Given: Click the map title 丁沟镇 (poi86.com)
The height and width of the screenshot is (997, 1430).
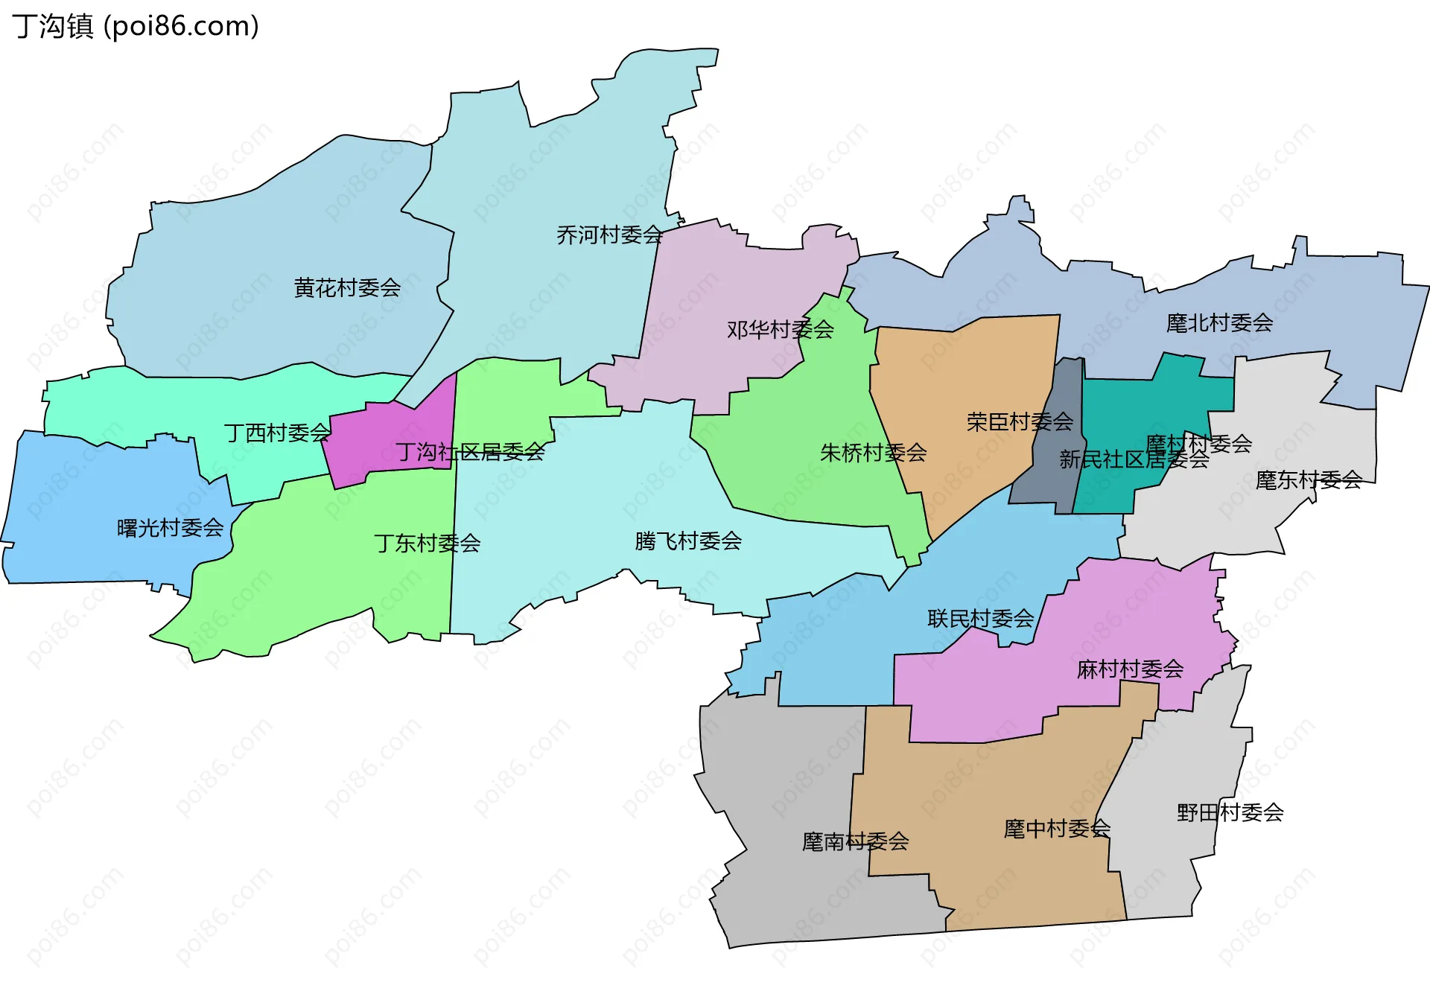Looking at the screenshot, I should pos(136,26).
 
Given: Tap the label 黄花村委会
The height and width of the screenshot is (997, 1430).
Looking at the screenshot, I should pos(347,287).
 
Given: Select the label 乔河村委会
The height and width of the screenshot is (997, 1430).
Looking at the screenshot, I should pos(609,235).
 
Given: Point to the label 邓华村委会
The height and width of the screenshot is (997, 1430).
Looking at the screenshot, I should pos(780,329).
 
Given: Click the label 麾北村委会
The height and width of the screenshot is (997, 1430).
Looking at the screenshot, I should pos(1219,323).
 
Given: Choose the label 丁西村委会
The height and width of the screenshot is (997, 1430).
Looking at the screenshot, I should pos(277,433).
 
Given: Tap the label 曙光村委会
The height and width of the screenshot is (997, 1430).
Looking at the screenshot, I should pos(171,528).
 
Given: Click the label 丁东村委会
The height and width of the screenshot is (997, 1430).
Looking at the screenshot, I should pos(428,543).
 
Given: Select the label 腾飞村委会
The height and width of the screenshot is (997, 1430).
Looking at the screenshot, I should pos(688,541).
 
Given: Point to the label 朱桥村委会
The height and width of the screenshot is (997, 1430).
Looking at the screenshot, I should pos(873,452).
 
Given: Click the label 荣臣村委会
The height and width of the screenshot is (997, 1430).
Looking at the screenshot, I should pos(1020,422).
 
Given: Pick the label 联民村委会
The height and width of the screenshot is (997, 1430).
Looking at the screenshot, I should pos(981,618).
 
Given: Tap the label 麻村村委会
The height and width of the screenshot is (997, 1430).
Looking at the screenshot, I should pos(1130,669).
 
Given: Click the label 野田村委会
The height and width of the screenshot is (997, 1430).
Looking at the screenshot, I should pos(1230,812).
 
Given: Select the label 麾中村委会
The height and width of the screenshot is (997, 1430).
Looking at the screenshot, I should pos(1057,828).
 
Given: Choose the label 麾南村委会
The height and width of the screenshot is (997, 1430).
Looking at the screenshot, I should pos(855,841).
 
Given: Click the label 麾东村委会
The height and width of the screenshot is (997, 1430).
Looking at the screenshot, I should pos(1309,480).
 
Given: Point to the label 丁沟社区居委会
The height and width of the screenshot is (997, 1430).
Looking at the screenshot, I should pos(470,452).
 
